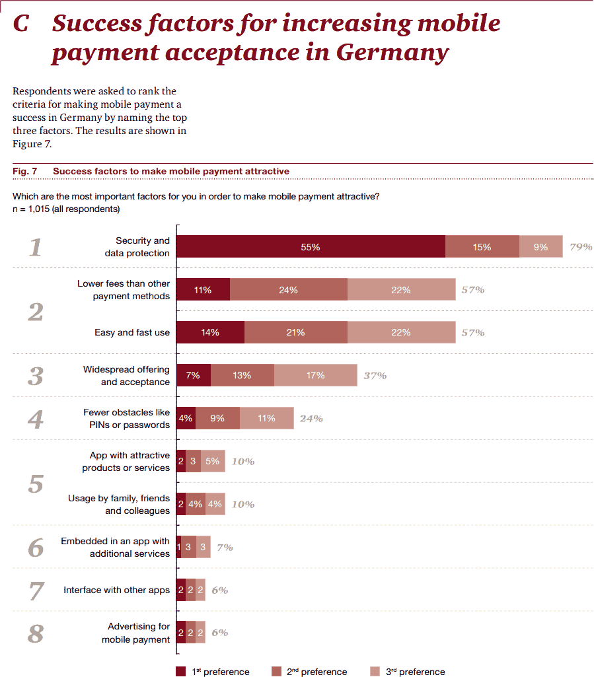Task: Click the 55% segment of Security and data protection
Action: pyautogui.click(x=311, y=247)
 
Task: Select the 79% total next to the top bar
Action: pyautogui.click(x=581, y=247)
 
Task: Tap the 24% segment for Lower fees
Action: pyautogui.click(x=288, y=290)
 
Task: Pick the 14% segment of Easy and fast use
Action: pyautogui.click(x=210, y=333)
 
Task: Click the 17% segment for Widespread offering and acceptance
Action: pyautogui.click(x=315, y=376)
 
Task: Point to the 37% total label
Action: pyautogui.click(x=375, y=376)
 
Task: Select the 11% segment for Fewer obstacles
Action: pyautogui.click(x=266, y=419)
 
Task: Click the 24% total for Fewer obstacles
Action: pyautogui.click(x=311, y=419)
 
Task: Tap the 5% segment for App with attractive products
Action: pyautogui.click(x=212, y=462)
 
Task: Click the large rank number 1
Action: pyautogui.click(x=36, y=248)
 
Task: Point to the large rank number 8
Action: pyautogui.click(x=36, y=634)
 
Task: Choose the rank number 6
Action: pyautogui.click(x=36, y=548)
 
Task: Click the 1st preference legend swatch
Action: pyautogui.click(x=181, y=672)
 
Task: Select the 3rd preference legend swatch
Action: pyautogui.click(x=375, y=672)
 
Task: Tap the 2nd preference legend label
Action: pyautogui.click(x=316, y=672)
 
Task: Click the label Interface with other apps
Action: pyautogui.click(x=116, y=590)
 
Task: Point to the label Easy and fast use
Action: pyautogui.click(x=132, y=333)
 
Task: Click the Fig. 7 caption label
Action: pyautogui.click(x=24, y=171)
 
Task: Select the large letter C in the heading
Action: pyautogui.click(x=21, y=24)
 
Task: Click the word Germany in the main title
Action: pyautogui.click(x=392, y=52)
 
